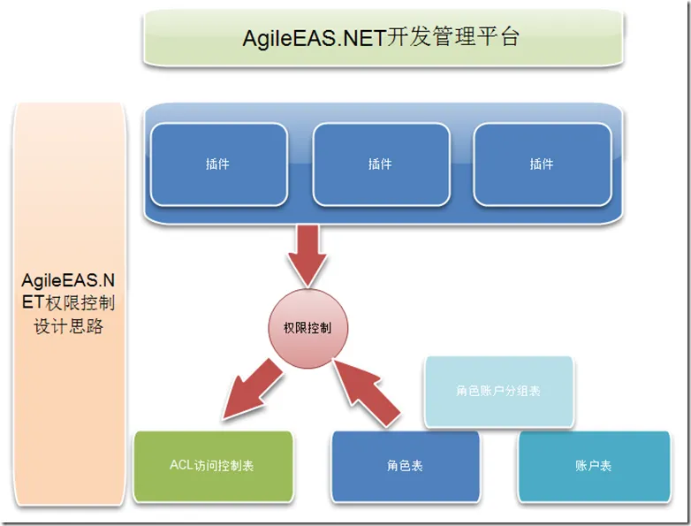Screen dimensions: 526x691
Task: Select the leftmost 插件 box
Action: pyautogui.click(x=218, y=164)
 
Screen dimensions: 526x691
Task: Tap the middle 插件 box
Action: pyautogui.click(x=380, y=164)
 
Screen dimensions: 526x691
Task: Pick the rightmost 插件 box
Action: pyautogui.click(x=542, y=164)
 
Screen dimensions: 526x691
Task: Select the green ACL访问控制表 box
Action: pyautogui.click(x=212, y=466)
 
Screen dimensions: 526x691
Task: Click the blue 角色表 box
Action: pyautogui.click(x=405, y=466)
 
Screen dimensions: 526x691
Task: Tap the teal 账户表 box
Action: pyautogui.click(x=593, y=466)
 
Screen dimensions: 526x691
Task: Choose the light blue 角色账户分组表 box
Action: pyautogui.click(x=498, y=391)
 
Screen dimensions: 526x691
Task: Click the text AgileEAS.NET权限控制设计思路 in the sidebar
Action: pyautogui.click(x=72, y=302)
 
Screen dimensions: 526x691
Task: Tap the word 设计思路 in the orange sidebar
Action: pyautogui.click(x=72, y=325)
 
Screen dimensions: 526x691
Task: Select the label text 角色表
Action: pyautogui.click(x=405, y=466)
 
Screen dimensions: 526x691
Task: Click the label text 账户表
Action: pyautogui.click(x=593, y=466)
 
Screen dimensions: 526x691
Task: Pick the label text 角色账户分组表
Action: pyautogui.click(x=498, y=391)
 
